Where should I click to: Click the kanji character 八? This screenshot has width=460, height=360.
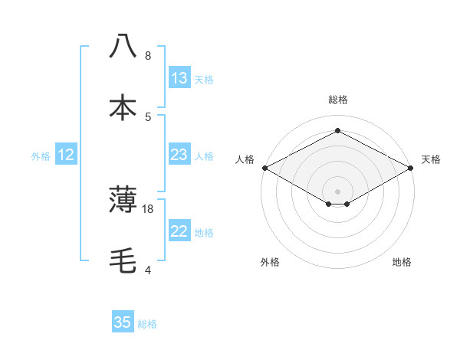coord(123,46)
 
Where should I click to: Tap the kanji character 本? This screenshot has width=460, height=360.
coord(123,107)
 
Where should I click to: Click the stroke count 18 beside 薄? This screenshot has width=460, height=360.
coord(148,208)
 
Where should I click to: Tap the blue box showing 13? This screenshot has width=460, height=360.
coord(179,78)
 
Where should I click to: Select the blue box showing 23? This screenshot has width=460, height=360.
coord(179,155)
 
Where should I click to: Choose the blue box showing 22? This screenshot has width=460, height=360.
coord(179,231)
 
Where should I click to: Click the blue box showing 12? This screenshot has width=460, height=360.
coord(66,155)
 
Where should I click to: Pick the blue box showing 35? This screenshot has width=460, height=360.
coord(123,322)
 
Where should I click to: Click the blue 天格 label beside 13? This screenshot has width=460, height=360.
coord(204,80)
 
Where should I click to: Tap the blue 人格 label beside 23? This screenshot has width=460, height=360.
coord(204,156)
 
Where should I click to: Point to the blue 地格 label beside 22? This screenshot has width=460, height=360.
coord(204,233)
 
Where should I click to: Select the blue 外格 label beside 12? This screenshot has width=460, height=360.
coord(41,156)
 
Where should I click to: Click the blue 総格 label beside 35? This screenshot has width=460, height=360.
coord(147,324)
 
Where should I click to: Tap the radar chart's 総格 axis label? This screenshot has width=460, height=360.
coord(337,100)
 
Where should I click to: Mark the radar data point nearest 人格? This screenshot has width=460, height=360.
coord(264,168)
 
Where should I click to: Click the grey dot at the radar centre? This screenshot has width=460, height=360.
coord(337,191)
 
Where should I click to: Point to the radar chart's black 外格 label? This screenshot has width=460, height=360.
coord(270,262)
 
